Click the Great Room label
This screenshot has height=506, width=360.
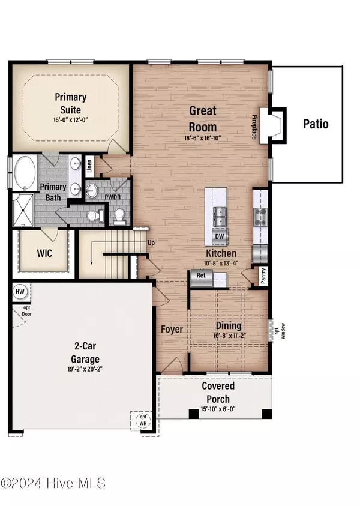click(203, 118)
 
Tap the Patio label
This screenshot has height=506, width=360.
click(315, 124)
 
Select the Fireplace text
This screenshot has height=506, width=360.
click(254, 127)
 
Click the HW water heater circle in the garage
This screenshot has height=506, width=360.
click(19, 292)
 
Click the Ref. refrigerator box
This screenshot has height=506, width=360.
click(200, 276)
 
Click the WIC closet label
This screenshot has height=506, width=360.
click(44, 253)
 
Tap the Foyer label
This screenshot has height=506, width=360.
click(172, 330)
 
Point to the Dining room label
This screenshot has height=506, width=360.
click(228, 327)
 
